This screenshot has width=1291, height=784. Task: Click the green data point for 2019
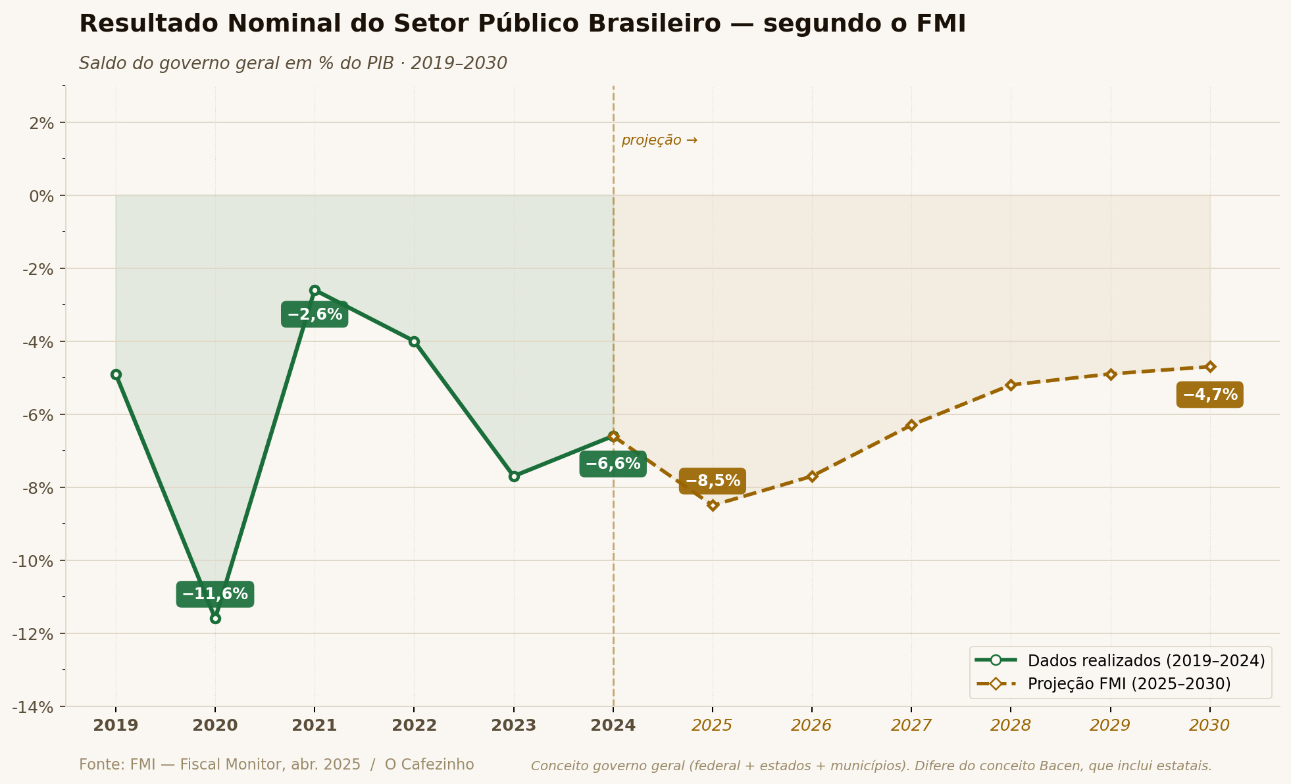click(116, 374)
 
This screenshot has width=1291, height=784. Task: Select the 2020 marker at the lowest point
click(215, 618)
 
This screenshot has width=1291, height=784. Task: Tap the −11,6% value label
click(215, 595)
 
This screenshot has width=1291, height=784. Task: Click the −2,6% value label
click(315, 314)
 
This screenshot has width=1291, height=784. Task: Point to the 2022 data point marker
click(414, 341)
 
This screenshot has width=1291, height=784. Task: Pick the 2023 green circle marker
click(514, 476)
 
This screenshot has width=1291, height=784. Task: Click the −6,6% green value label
click(613, 464)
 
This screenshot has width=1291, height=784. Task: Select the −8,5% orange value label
click(713, 481)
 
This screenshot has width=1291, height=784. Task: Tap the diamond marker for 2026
click(812, 476)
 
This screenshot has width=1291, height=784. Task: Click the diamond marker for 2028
click(1011, 385)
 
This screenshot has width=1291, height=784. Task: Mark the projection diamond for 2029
click(1111, 374)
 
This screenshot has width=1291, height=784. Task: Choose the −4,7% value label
click(1210, 395)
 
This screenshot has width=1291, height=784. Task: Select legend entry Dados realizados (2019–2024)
click(1146, 660)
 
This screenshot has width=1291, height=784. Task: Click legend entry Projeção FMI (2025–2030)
click(1128, 684)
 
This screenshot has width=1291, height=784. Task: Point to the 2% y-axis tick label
click(42, 122)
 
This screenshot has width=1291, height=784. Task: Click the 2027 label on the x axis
click(911, 725)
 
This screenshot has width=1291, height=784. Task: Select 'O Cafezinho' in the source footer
click(429, 764)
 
